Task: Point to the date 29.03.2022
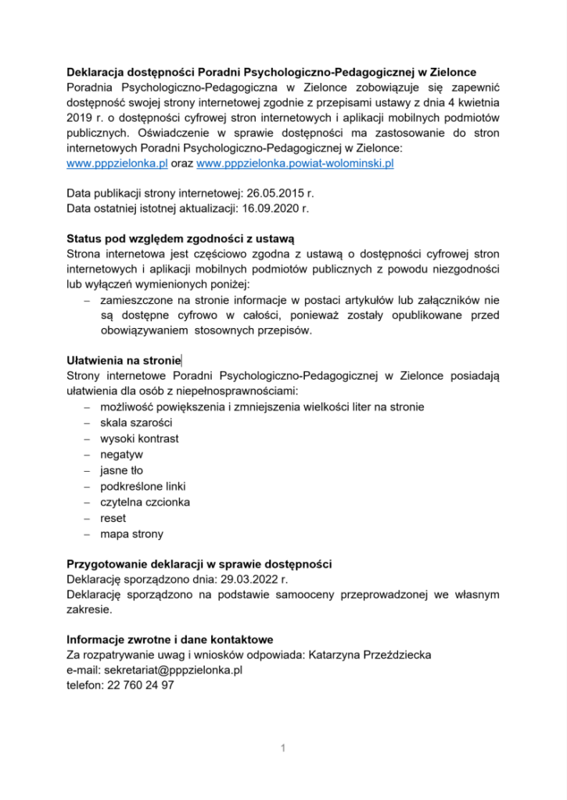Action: [241, 580]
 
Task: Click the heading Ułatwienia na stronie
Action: [124, 360]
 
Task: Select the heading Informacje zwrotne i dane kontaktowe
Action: [170, 639]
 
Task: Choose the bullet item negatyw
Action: [121, 454]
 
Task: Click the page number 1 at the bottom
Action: [283, 749]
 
